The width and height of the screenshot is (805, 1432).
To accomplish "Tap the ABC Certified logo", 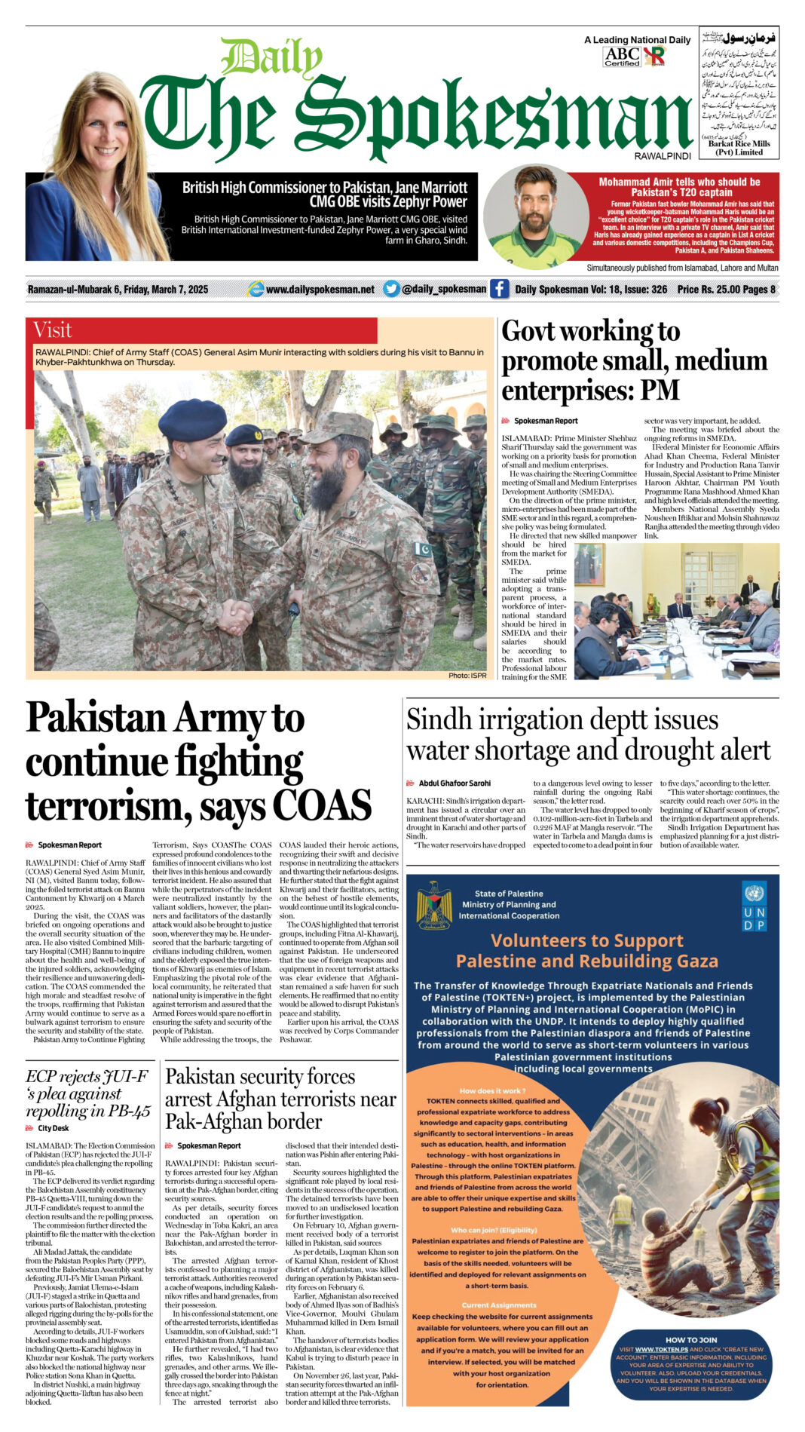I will (x=622, y=56).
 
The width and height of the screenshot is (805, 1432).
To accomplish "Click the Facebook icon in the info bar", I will (x=499, y=289).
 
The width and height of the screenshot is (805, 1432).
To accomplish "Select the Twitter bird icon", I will (x=390, y=289).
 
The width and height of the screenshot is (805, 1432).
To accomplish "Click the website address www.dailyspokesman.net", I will (x=320, y=290).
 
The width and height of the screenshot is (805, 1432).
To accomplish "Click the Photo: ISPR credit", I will (x=467, y=675).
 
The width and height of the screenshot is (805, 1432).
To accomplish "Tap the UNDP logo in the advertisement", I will (x=754, y=905).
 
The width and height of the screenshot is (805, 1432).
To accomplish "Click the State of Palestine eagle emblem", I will (x=434, y=903).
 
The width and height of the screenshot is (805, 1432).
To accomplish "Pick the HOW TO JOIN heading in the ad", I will (x=691, y=1339).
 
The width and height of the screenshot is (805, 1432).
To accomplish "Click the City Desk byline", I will (x=53, y=1128).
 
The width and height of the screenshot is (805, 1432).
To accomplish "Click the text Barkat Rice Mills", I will (x=739, y=143).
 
